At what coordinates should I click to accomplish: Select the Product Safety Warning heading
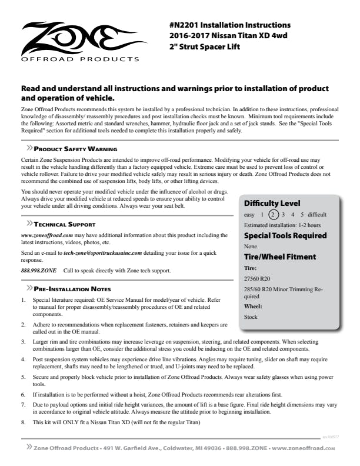tap(75, 149)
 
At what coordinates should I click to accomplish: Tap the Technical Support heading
tap(65, 224)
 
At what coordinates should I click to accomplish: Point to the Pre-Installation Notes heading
tap(73, 289)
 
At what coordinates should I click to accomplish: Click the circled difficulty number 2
tap(272, 215)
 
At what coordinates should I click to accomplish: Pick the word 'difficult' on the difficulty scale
tap(316, 215)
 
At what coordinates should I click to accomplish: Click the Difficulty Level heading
tap(272, 204)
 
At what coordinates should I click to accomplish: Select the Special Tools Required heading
tap(285, 235)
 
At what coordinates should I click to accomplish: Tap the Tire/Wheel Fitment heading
tap(280, 257)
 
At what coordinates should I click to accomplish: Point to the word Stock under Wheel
tap(251, 317)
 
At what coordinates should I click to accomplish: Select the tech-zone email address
tap(104, 252)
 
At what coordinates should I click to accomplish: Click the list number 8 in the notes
tap(23, 422)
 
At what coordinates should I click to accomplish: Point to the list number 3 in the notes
tap(23, 341)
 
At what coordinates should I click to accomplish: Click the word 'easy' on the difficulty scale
tap(249, 215)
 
